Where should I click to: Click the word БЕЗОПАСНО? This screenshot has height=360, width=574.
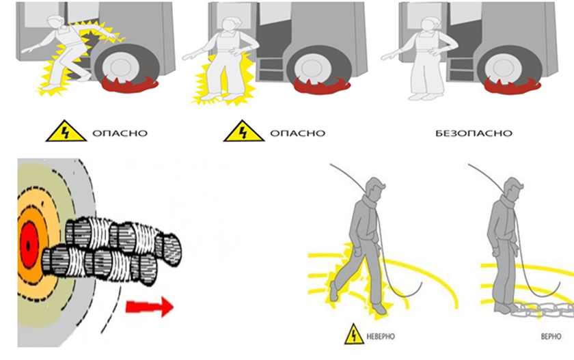click(x=474, y=133)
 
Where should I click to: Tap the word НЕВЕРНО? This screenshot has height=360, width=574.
click(x=381, y=336)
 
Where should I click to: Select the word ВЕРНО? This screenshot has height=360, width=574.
click(x=551, y=336)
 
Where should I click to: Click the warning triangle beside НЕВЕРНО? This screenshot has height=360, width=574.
click(x=354, y=334)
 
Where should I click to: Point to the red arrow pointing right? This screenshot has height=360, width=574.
click(x=150, y=307)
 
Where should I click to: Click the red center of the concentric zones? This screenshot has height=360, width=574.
click(x=28, y=245)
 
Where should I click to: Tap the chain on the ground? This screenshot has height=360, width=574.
click(x=542, y=310)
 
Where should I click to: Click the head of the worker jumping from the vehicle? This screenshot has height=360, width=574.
click(x=56, y=23)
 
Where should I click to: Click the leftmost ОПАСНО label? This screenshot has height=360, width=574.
click(x=120, y=133)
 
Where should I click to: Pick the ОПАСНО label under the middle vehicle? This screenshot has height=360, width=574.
click(x=297, y=133)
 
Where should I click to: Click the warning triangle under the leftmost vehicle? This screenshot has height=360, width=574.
click(x=66, y=130)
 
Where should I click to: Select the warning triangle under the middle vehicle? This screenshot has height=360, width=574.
click(x=244, y=130)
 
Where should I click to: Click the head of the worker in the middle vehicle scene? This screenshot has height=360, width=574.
click(x=231, y=24)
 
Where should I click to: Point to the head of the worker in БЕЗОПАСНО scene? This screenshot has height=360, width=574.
click(x=430, y=24)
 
